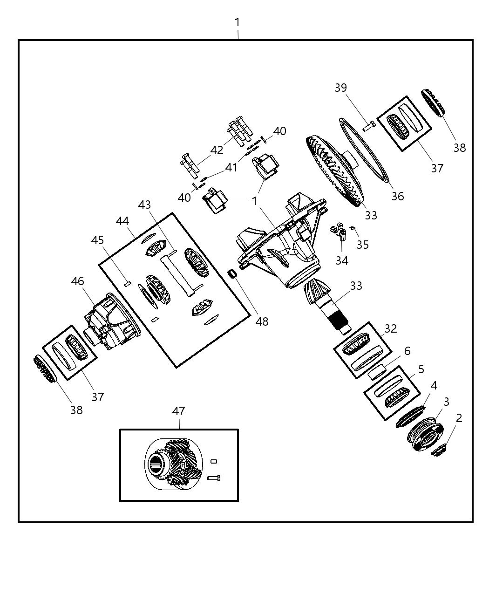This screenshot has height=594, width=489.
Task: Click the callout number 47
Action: click(178, 411)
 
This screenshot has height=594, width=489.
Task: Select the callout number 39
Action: click(341, 88)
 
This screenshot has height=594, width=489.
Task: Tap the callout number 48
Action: click(262, 321)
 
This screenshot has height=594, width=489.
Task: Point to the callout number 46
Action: click(78, 281)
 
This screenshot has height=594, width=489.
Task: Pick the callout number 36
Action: click(397, 196)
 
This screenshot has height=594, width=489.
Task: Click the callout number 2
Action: click(459, 418)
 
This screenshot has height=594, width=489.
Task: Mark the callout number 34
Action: click(342, 260)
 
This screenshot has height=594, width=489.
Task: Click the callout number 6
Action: click(407, 351)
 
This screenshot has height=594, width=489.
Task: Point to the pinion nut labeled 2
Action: click(440, 450)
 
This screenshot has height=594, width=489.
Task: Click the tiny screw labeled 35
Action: click(353, 228)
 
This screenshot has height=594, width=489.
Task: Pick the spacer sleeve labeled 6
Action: click(377, 372)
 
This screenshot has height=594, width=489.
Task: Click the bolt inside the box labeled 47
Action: click(214, 478)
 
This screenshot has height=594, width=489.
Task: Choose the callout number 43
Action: click(144, 205)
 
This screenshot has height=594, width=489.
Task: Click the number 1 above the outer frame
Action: click(238, 22)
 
